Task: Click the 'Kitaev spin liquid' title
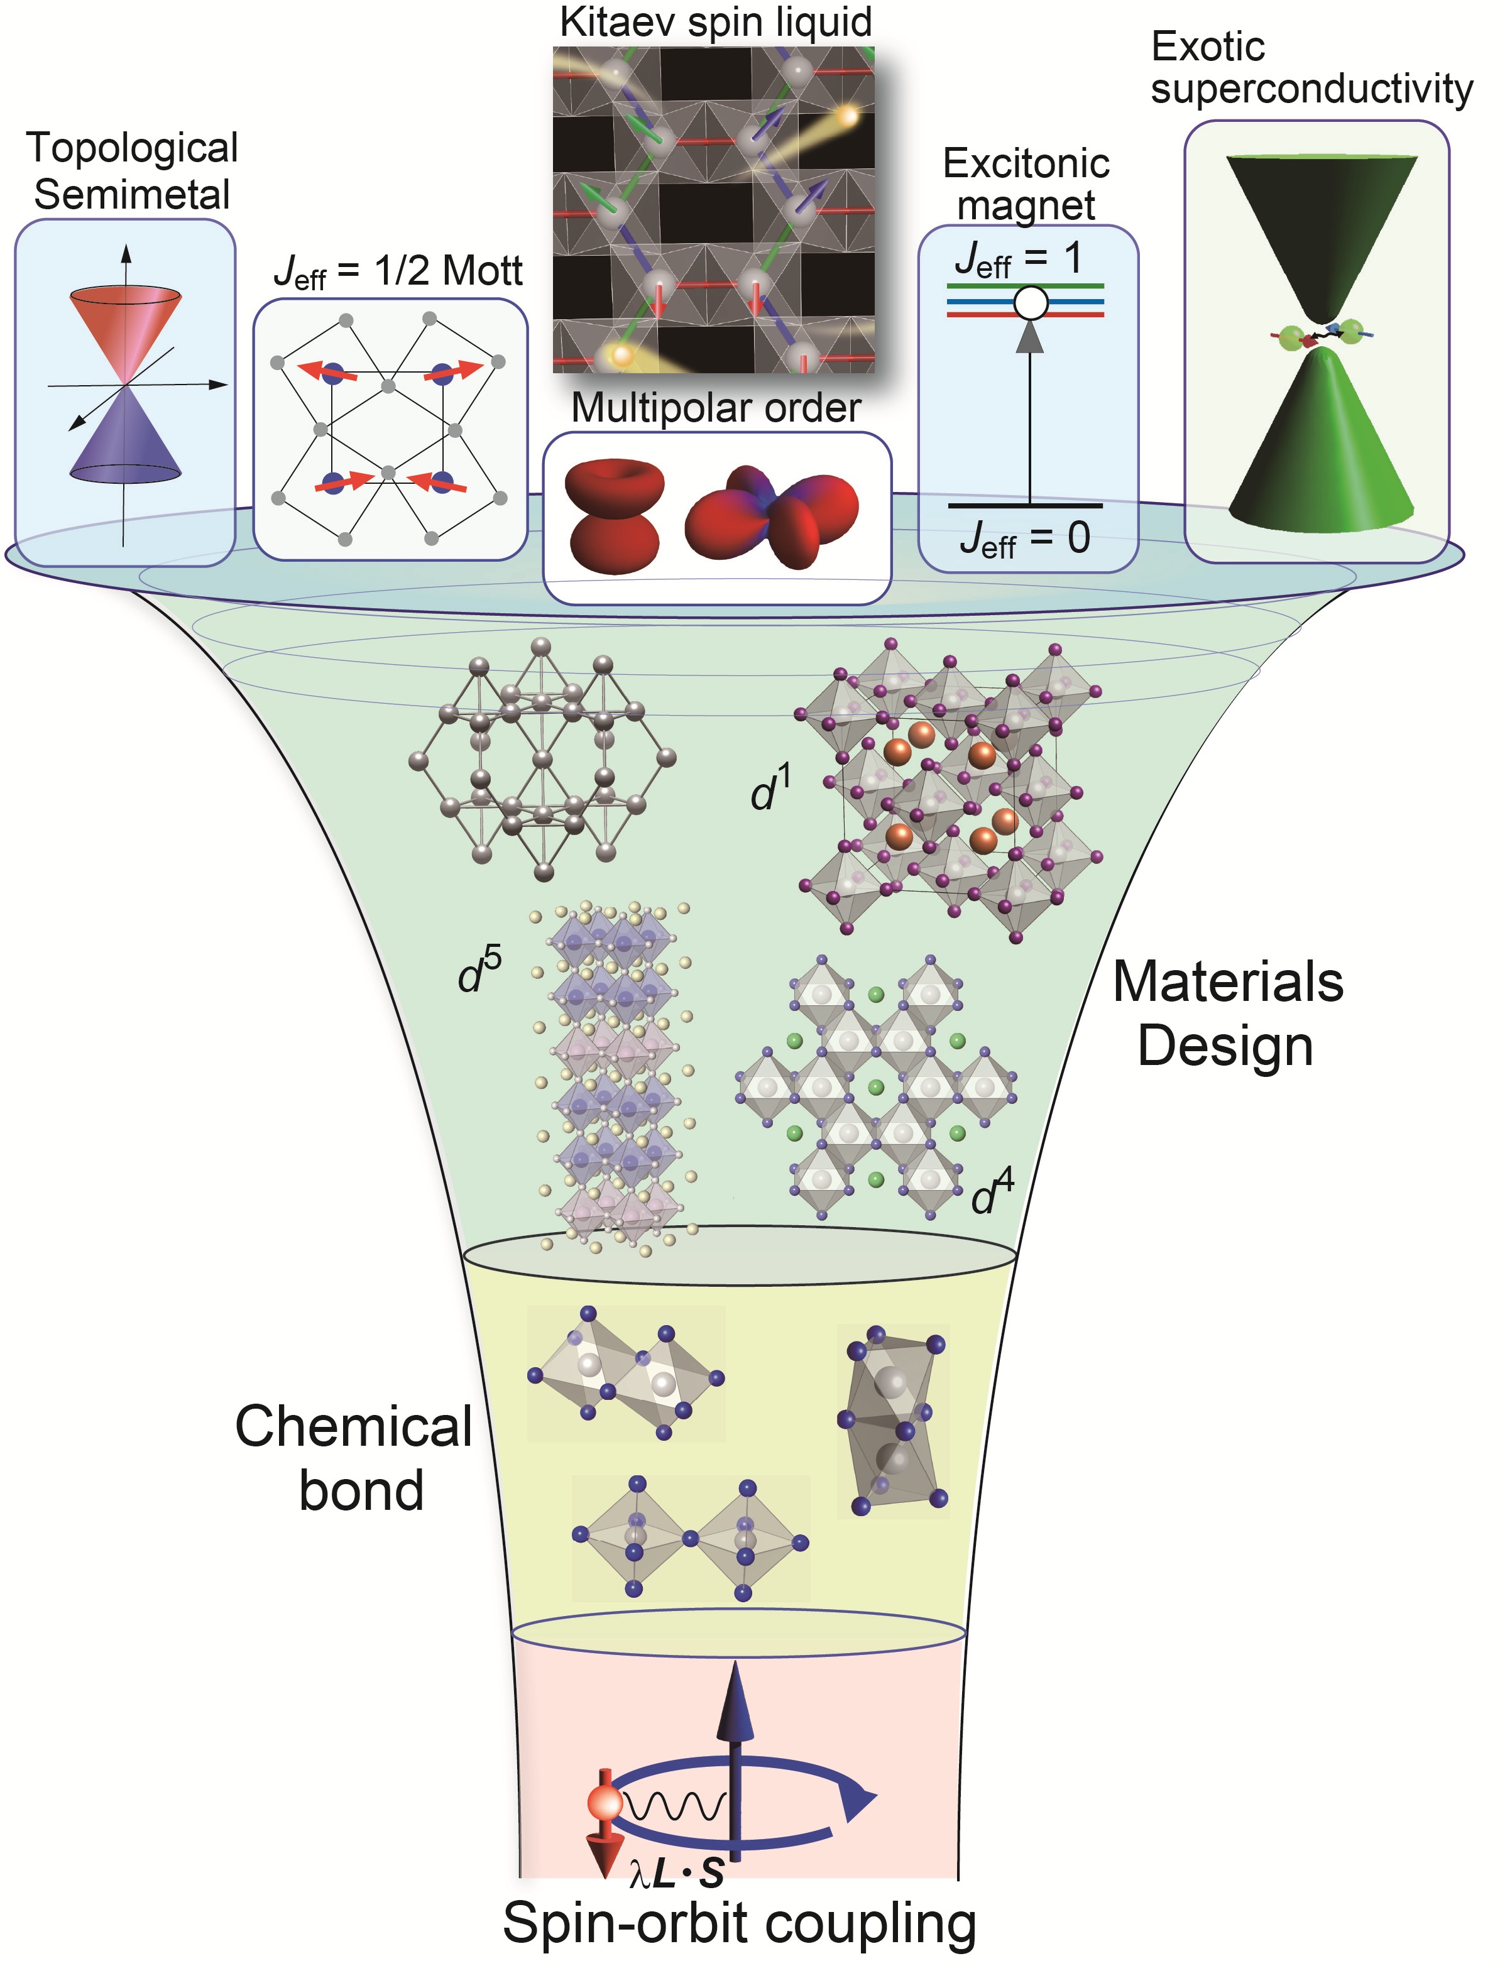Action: pos(715,23)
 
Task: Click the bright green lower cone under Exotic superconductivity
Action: pos(1322,446)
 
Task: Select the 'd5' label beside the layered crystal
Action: pos(479,971)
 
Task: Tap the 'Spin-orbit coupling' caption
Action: pos(739,1921)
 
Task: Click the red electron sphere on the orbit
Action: pos(605,1802)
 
